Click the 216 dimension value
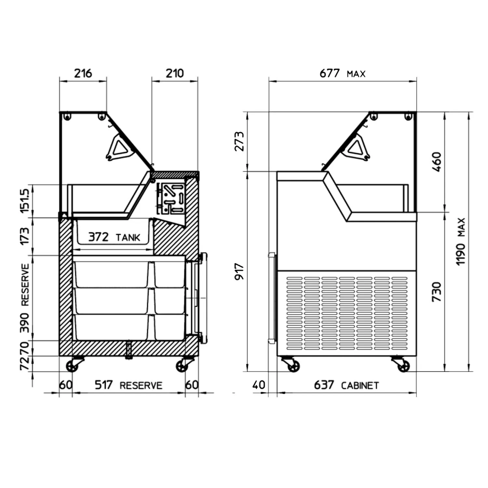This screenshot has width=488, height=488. coord(83,74)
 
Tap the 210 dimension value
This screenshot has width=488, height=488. coord(175,74)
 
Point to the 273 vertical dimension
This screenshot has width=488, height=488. coord(239,142)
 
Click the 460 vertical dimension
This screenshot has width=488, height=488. coord(437,162)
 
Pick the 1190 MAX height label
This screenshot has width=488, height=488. coord(461,242)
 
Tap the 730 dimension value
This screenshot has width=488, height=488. coord(437,291)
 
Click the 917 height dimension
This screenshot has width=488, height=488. coord(239,272)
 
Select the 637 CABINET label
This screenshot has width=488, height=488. coord(346,385)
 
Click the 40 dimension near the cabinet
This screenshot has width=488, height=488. coord(259,385)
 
